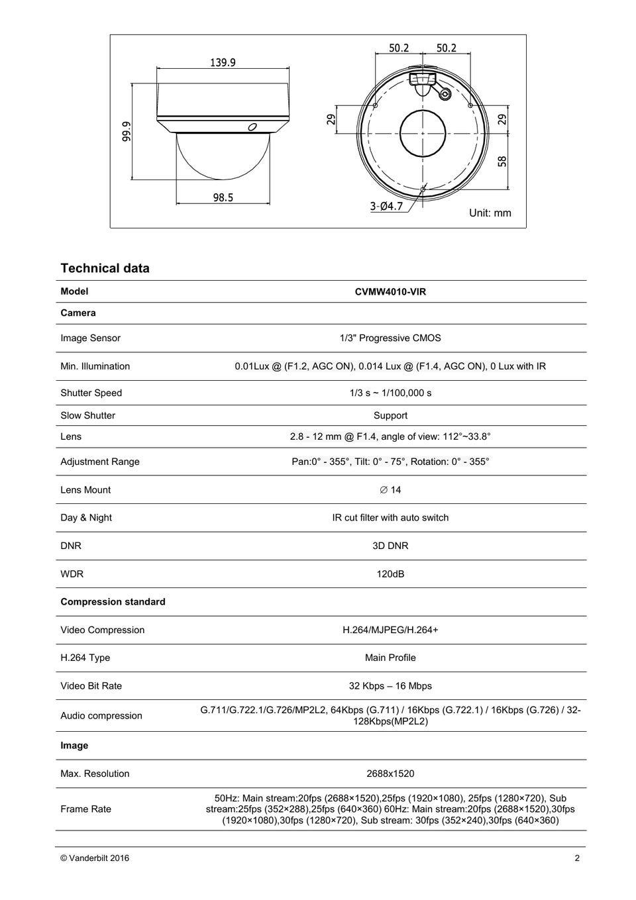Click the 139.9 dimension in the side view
tap(223, 63)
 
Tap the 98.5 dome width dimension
tap(223, 197)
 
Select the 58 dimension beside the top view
tap(502, 161)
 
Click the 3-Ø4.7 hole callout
tap(386, 206)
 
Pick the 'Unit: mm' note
tap(490, 213)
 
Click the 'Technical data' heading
tap(105, 268)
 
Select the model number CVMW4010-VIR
tap(390, 291)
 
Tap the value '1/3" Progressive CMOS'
tap(390, 338)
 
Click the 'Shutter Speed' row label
tap(91, 393)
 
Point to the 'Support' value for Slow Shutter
tap(390, 416)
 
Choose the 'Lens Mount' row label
tap(85, 490)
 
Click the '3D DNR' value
tap(390, 546)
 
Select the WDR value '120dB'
tap(390, 574)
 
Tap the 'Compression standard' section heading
tap(113, 602)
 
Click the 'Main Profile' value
tap(390, 658)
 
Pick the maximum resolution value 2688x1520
tap(390, 774)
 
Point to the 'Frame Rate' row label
tap(85, 809)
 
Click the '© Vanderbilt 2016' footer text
tap(95, 858)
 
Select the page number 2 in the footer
tap(577, 858)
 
